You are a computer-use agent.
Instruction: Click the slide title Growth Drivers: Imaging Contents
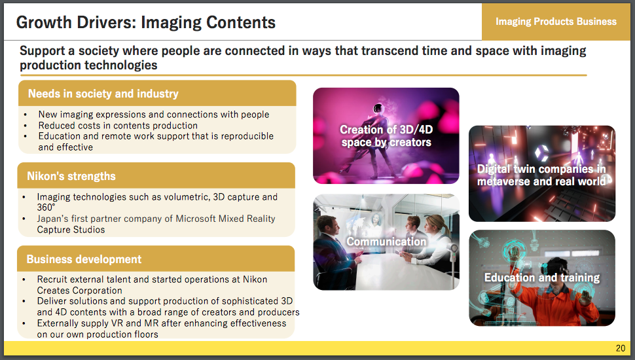tap(146, 22)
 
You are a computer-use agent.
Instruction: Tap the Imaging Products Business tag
tap(556, 22)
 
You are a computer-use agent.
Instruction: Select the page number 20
tap(621, 348)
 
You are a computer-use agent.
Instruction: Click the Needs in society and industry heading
tap(103, 94)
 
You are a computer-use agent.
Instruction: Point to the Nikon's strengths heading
tap(71, 176)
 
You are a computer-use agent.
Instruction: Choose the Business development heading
tap(84, 259)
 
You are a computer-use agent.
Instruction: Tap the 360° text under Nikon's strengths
tap(46, 207)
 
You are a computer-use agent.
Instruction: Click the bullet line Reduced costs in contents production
tap(118, 126)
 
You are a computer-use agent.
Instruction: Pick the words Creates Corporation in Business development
tap(79, 291)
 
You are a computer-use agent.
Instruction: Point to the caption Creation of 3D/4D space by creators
tap(386, 135)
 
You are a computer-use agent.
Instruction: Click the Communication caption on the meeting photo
tap(386, 242)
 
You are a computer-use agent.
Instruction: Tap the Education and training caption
tap(542, 278)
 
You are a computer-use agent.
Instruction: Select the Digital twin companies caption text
tap(542, 175)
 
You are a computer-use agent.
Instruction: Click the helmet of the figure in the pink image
tap(378, 108)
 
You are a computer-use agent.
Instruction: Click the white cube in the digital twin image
tap(541, 153)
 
